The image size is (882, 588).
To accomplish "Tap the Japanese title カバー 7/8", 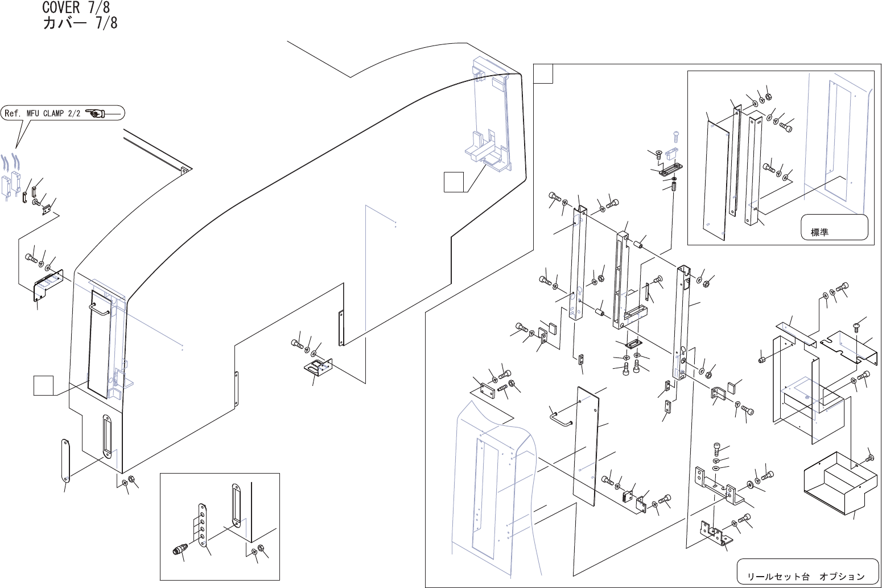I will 80,23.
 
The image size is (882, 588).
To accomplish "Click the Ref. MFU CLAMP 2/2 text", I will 43,113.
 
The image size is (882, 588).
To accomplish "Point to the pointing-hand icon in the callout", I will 95,113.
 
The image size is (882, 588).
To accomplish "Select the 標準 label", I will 819,232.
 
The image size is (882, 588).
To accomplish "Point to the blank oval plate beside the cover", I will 65,459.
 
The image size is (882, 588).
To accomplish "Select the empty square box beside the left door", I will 43,385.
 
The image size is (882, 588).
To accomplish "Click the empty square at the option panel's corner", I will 543,74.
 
